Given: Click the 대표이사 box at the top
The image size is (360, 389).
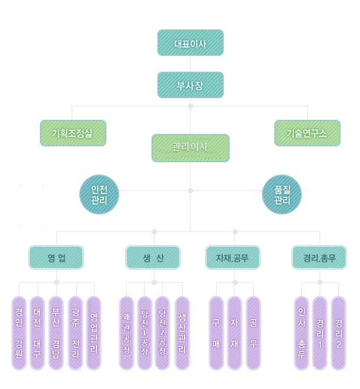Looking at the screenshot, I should tap(190, 43).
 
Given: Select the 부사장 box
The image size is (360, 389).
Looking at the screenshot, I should tap(190, 85).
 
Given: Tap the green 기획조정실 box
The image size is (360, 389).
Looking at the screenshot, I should tap(73, 133).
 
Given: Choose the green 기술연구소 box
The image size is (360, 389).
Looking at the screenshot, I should tap(307, 133).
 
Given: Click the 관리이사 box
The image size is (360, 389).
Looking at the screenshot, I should tap(190, 147).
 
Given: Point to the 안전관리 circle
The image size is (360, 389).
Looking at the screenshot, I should tap(99, 195).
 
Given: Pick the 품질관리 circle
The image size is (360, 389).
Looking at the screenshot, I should tap(282, 195).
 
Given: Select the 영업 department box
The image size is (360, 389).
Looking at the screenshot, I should tap(56, 257).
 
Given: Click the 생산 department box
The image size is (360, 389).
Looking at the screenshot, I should tap(153, 257).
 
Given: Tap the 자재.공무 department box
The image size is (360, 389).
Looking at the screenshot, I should tap(233, 257).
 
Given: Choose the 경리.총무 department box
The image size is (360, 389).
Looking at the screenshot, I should tap(319, 257).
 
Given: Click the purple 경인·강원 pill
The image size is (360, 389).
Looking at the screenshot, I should tap(19, 333).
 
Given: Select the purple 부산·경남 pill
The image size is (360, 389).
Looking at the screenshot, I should tap(56, 333).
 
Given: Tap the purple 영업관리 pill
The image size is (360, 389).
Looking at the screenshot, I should tap(94, 333).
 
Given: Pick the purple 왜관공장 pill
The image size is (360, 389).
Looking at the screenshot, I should tap(126, 333).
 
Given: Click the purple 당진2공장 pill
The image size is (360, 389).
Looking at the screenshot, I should tap(163, 333).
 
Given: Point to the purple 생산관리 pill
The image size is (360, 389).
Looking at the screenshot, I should tap(182, 333).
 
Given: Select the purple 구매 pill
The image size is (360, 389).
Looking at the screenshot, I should tap(216, 333).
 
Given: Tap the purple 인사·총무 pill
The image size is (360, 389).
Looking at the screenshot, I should tap(301, 333).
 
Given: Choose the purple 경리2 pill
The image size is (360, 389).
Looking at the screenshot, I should tap(338, 333).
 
